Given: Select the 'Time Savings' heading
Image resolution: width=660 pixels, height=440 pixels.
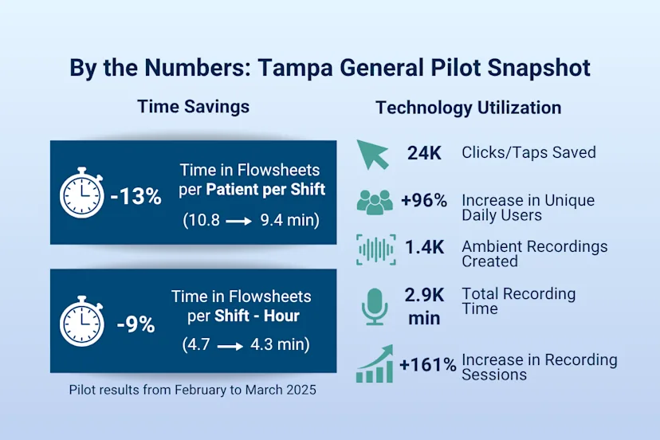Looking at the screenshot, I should [193, 107].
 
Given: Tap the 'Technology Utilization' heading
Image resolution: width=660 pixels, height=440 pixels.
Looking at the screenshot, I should [468, 108].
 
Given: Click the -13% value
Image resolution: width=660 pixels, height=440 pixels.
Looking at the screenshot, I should [136, 196].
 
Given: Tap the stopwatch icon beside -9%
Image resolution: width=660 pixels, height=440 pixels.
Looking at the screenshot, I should [83, 322].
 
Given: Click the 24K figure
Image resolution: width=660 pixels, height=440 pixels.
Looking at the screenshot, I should [424, 153].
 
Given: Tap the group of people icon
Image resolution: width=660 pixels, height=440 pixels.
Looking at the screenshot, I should [374, 202].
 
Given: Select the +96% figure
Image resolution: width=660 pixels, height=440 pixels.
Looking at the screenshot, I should [424, 201].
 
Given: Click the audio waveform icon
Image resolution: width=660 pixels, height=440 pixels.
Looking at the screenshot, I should [374, 249].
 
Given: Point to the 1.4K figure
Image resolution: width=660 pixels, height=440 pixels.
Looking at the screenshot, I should [424, 248].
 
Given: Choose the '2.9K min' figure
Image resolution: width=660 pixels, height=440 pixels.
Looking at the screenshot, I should [424, 306].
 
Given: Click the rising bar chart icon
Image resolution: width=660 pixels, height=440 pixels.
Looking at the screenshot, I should [375, 363].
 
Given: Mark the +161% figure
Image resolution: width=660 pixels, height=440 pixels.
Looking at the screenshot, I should [428, 364].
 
